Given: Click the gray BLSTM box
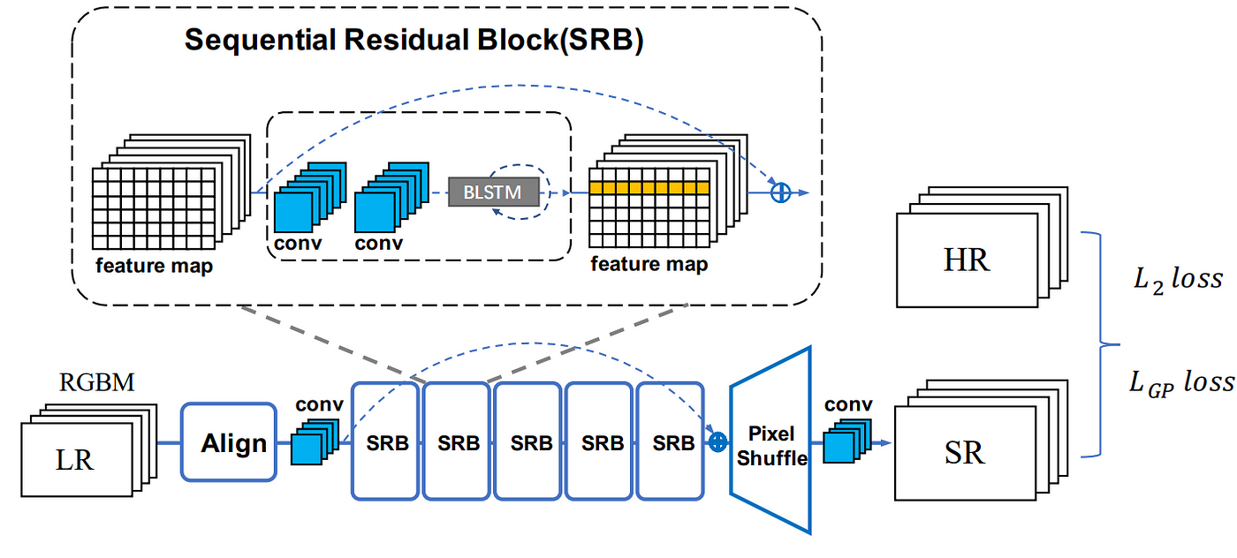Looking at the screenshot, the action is pyautogui.click(x=493, y=192).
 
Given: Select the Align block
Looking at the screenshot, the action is pyautogui.click(x=229, y=442).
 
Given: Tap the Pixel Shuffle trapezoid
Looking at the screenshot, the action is pyautogui.click(x=770, y=441).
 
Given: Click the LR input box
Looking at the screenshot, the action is pyautogui.click(x=77, y=459).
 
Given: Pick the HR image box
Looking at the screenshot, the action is pyautogui.click(x=967, y=260).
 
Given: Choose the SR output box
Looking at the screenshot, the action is pyautogui.click(x=965, y=453).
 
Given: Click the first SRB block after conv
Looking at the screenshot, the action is pyautogui.click(x=385, y=441).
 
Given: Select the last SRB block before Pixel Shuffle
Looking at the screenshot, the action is pyautogui.click(x=671, y=441).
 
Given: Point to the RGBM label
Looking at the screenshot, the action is pyautogui.click(x=96, y=382).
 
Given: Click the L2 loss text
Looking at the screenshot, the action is pyautogui.click(x=1178, y=279).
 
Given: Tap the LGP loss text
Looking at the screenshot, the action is pyautogui.click(x=1181, y=382).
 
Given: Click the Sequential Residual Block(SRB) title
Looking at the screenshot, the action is pyautogui.click(x=414, y=40).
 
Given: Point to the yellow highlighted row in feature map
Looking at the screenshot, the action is pyautogui.click(x=649, y=188).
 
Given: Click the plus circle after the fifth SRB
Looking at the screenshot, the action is pyautogui.click(x=717, y=442).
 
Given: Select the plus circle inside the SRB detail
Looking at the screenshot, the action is pyautogui.click(x=781, y=192).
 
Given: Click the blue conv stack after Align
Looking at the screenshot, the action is pyautogui.click(x=315, y=441).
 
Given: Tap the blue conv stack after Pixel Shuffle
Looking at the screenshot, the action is pyautogui.click(x=847, y=441).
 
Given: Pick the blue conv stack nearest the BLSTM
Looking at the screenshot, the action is pyautogui.click(x=391, y=197).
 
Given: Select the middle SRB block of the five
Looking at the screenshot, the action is pyautogui.click(x=528, y=441).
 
